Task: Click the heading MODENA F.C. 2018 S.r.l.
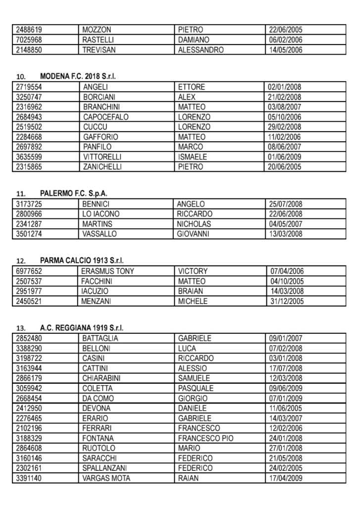[x=81, y=77]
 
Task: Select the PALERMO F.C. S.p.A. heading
[x=74, y=193]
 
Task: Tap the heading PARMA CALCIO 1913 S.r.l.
[x=82, y=260]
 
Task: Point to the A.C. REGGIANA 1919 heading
[x=82, y=328]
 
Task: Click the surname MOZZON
[x=97, y=30]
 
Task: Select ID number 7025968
[x=29, y=40]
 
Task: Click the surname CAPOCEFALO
[x=105, y=117]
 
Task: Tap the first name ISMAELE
[x=193, y=157]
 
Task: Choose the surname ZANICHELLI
[x=103, y=167]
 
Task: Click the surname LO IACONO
[x=101, y=214]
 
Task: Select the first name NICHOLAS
[x=194, y=224]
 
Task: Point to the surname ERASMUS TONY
[x=107, y=271]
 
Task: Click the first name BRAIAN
[x=191, y=291]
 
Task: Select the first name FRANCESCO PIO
[x=206, y=438]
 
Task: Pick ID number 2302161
[x=29, y=468]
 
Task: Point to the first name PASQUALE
[x=196, y=388]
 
